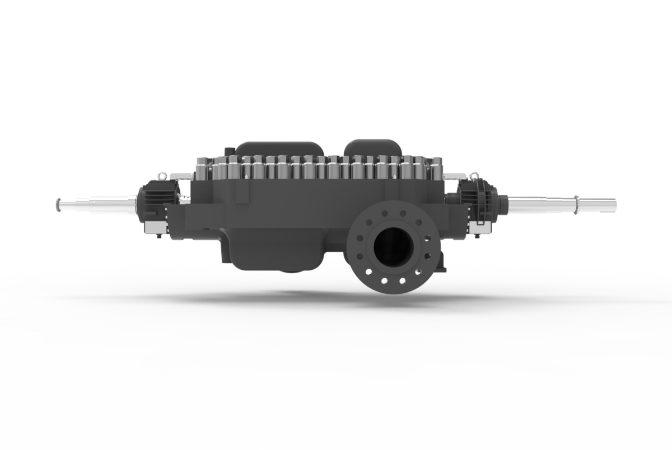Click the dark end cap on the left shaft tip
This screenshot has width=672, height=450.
[58, 205]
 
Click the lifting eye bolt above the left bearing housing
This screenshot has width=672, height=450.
[162, 175]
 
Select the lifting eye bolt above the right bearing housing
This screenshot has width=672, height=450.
[474, 175]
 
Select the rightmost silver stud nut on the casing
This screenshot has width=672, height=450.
[436, 166]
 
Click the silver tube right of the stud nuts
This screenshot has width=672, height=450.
[452, 176]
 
